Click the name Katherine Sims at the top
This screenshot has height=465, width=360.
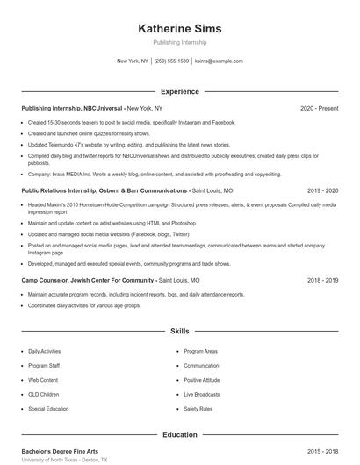click(x=180, y=29)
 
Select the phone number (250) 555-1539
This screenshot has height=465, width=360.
click(x=171, y=61)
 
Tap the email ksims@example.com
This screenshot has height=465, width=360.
click(x=219, y=61)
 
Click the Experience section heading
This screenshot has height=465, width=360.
click(x=180, y=91)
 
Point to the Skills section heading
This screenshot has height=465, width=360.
click(x=180, y=332)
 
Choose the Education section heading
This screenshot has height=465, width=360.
click(x=180, y=434)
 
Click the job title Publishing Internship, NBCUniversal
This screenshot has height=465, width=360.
click(x=74, y=108)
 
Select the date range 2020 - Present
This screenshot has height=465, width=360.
click(x=319, y=108)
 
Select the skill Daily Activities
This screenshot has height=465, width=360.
click(x=45, y=351)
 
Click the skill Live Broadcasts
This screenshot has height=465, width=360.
click(x=202, y=394)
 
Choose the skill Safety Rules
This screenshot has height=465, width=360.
click(x=198, y=409)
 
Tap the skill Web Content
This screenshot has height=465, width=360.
click(x=43, y=380)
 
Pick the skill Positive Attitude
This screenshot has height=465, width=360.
click(x=202, y=380)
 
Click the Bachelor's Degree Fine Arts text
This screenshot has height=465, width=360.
click(x=59, y=451)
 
